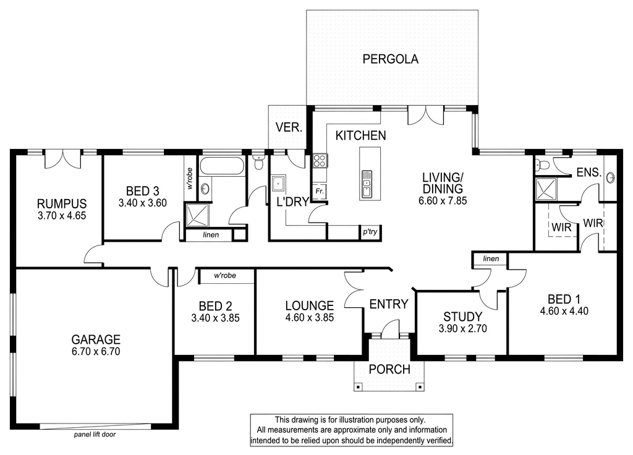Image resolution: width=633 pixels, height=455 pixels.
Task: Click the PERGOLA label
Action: coord(390,59)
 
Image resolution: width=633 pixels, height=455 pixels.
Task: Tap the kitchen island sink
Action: coord(367,183)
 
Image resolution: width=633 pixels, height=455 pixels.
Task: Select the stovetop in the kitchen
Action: coord(320,160)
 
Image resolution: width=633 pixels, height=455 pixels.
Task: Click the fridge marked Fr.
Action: coord(320,191)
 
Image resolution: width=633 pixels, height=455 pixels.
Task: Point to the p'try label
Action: coord(370,232)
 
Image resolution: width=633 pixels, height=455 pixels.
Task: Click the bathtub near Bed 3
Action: coord(222,166)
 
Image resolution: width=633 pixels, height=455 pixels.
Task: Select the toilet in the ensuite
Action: coord(542,164)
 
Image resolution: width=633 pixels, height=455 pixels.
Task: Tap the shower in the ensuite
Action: coord(546,189)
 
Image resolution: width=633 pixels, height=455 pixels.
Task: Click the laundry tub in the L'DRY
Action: coord(279,183)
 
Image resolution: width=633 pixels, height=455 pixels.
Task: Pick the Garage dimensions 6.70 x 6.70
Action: coord(96,352)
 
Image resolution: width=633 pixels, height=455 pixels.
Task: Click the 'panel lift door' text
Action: coord(95,435)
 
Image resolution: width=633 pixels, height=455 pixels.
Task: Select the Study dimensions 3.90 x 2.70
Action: coord(462,329)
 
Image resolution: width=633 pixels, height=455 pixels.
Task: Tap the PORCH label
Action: coord(389,369)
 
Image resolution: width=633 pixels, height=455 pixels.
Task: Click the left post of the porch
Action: coord(358,387)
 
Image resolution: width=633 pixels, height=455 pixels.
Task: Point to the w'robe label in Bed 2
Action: coord(225,276)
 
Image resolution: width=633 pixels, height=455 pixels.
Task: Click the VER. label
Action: coord(289,127)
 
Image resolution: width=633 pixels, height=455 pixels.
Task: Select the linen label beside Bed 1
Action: coord(491,259)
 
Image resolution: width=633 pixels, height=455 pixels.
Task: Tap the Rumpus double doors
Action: coord(63,159)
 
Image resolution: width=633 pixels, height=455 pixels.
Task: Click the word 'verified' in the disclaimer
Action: coord(438,440)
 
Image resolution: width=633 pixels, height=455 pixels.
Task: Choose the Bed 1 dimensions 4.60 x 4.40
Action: coord(564,312)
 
